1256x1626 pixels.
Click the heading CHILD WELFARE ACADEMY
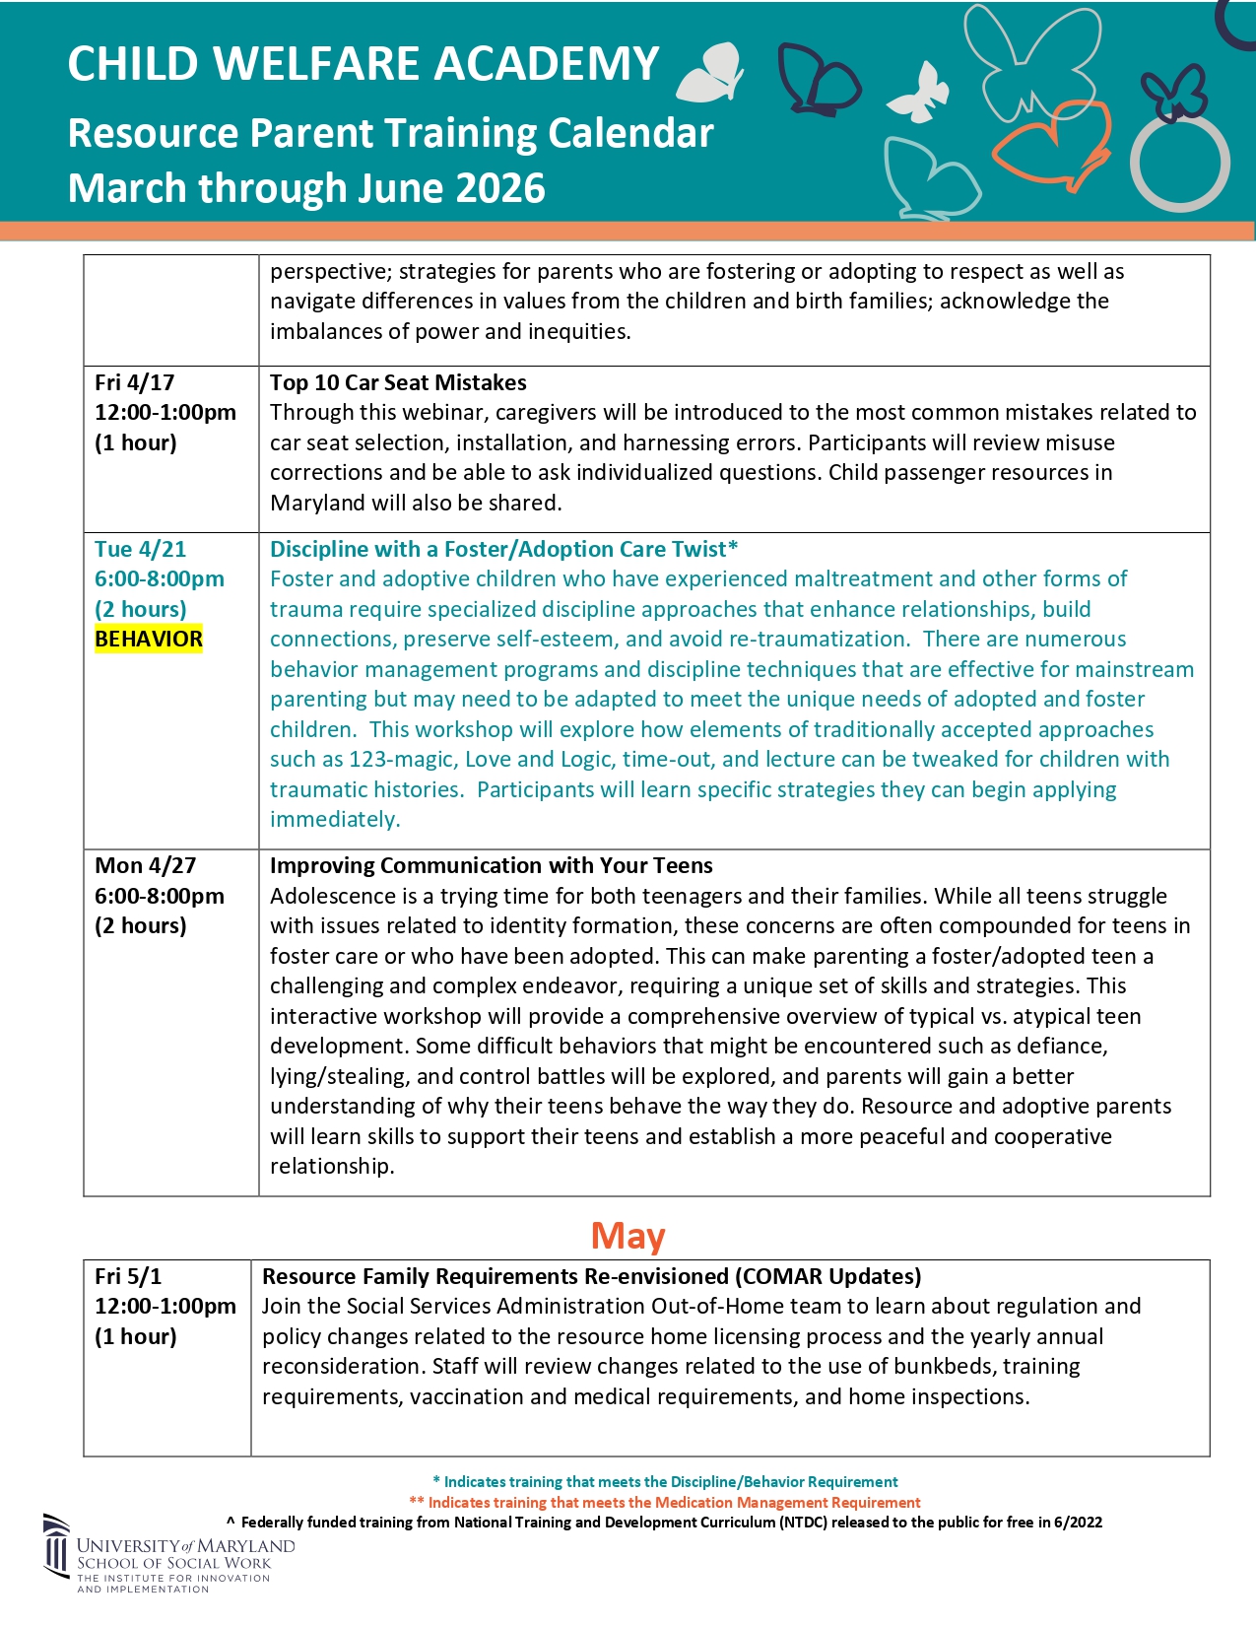pos(363,65)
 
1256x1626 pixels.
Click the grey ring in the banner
pos(1179,165)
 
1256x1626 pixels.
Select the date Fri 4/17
pos(135,382)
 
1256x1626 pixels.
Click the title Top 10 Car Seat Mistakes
pos(398,382)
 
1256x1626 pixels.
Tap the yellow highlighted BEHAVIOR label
pos(149,639)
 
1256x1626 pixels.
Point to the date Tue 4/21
pos(140,549)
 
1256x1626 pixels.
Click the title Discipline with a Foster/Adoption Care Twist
pos(503,549)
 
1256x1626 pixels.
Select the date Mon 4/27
pos(145,865)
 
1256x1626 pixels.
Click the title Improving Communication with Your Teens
pos(491,865)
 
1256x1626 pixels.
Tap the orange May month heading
pos(628,1235)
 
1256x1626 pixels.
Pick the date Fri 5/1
pos(128,1276)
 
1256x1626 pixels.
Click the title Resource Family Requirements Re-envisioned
pos(591,1276)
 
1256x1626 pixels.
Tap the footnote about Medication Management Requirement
pos(665,1502)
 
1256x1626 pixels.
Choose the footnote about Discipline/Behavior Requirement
pos(665,1481)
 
